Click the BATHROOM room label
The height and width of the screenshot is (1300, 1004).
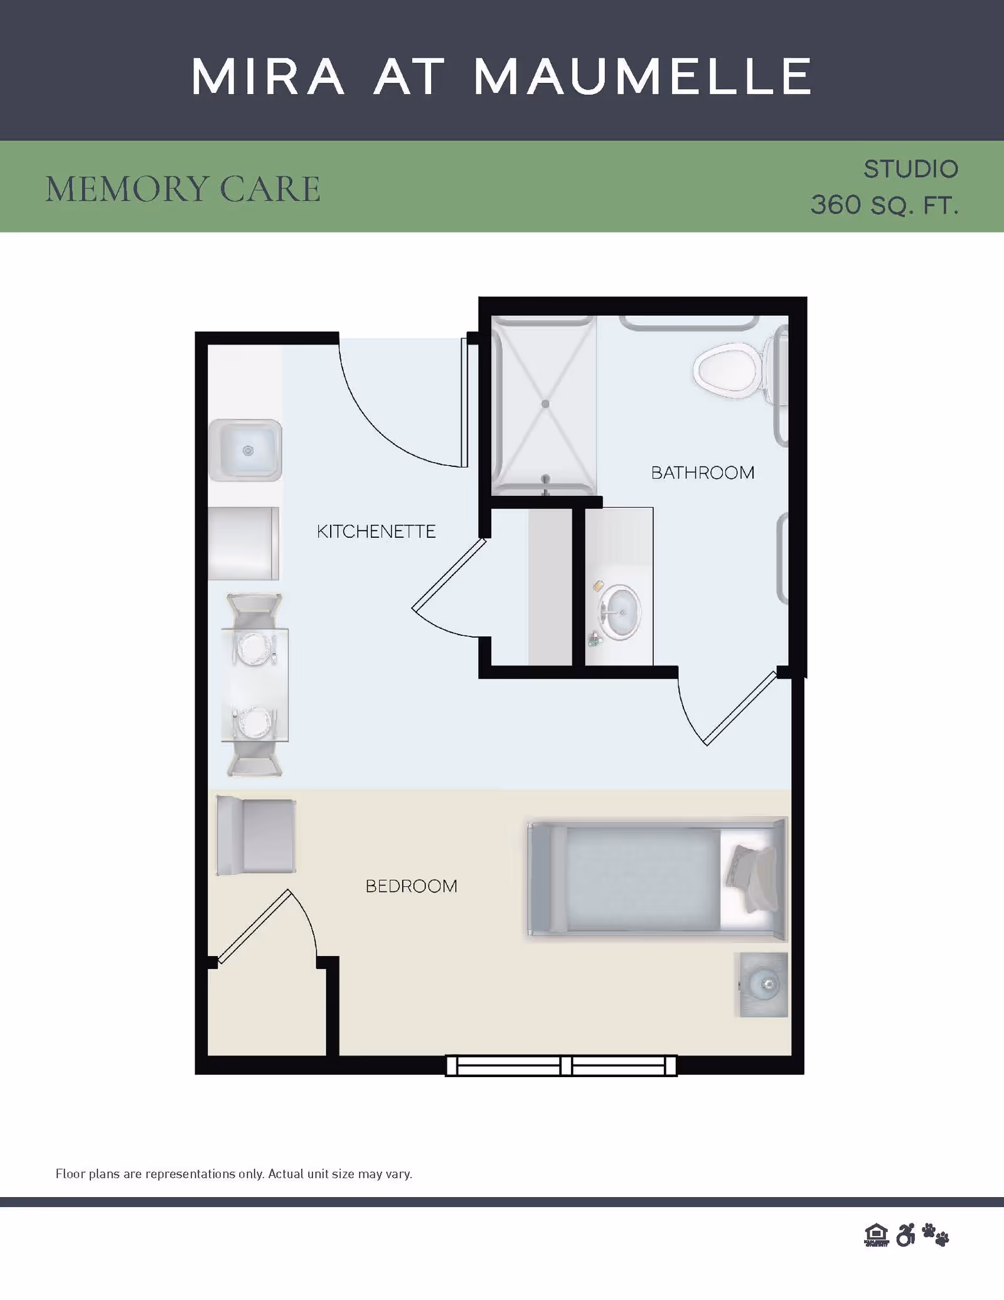pyautogui.click(x=703, y=473)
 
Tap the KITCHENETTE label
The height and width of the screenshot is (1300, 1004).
pyautogui.click(x=376, y=532)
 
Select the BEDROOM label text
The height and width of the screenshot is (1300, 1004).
pyautogui.click(x=412, y=886)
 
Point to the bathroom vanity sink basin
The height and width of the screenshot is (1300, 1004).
pyautogui.click(x=621, y=613)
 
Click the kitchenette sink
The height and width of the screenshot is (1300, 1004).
pyautogui.click(x=245, y=450)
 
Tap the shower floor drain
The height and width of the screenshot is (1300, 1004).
pyautogui.click(x=545, y=404)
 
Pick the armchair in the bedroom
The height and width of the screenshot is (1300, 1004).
pyautogui.click(x=256, y=835)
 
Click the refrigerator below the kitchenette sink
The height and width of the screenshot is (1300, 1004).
pyautogui.click(x=243, y=543)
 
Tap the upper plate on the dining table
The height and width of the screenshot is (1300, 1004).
pyautogui.click(x=254, y=648)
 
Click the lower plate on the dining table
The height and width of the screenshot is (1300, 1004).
pyautogui.click(x=255, y=722)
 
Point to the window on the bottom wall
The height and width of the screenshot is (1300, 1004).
pyautogui.click(x=561, y=1065)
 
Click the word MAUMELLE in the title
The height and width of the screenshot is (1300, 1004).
pyautogui.click(x=643, y=77)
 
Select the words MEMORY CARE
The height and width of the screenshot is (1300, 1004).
pyautogui.click(x=183, y=189)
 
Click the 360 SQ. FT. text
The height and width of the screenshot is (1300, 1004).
pyautogui.click(x=885, y=205)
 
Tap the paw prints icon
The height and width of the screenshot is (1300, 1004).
pyautogui.click(x=936, y=1235)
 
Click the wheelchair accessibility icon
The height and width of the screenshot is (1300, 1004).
pyautogui.click(x=905, y=1235)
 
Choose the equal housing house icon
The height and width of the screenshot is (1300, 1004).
pyautogui.click(x=877, y=1235)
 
